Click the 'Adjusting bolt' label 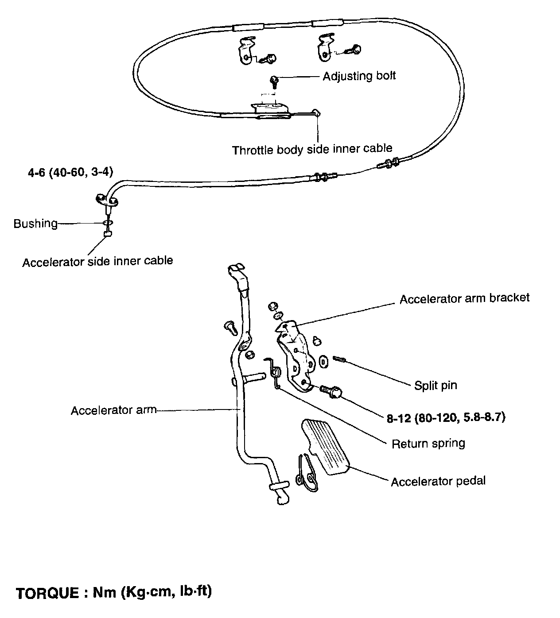359,76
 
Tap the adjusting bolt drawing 275,81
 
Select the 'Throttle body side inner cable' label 312,150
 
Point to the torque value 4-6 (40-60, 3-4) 70,172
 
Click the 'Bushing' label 35,224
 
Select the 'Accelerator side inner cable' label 97,261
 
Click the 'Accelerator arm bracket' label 464,298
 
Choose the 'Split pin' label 436,385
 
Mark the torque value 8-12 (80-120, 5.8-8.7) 446,417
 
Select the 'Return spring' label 428,443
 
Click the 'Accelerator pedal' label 438,481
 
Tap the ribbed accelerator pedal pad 326,447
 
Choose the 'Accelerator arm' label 113,410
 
